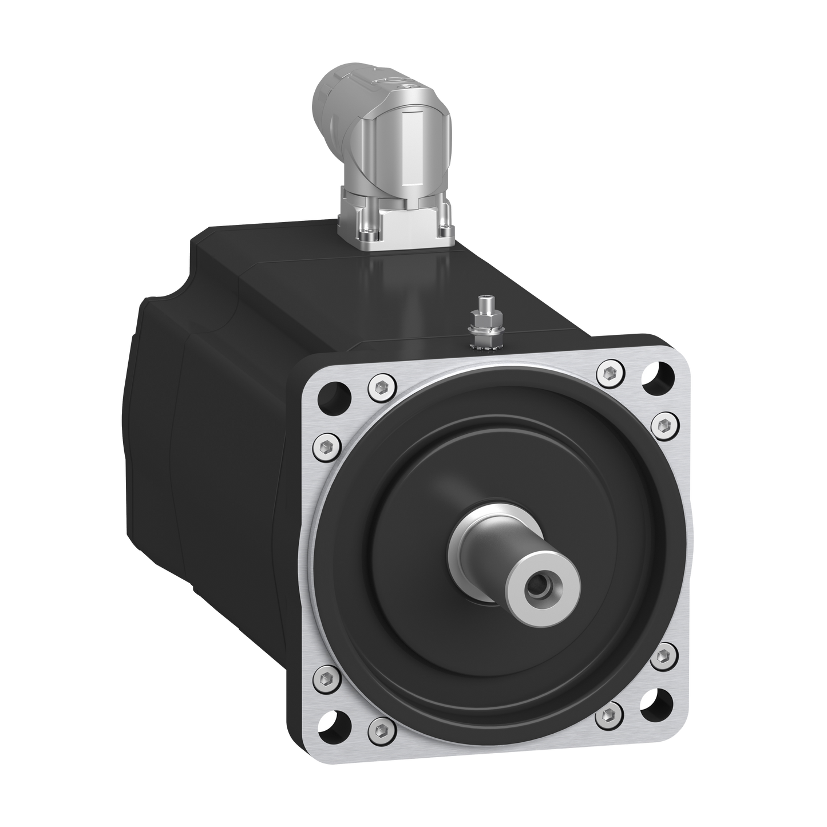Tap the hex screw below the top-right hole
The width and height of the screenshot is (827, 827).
click(x=663, y=424)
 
